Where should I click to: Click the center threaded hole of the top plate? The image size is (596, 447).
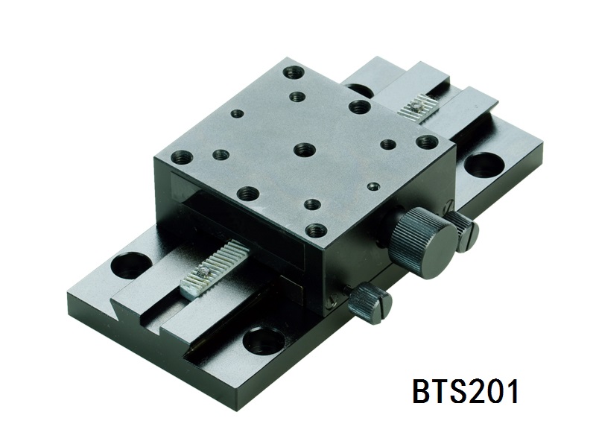[304, 149]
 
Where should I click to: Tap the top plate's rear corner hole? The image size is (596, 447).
[293, 72]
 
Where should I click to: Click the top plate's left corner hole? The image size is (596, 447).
[182, 156]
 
